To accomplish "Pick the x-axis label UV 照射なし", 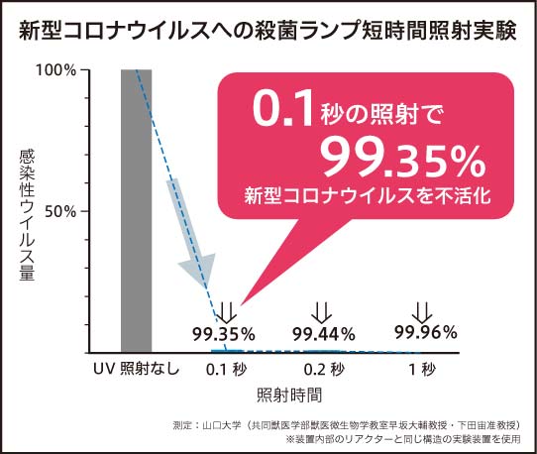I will coord(136,370).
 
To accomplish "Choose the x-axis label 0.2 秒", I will coord(324,370).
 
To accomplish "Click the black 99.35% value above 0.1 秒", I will coord(224,332).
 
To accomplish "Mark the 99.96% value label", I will coord(425,331).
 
